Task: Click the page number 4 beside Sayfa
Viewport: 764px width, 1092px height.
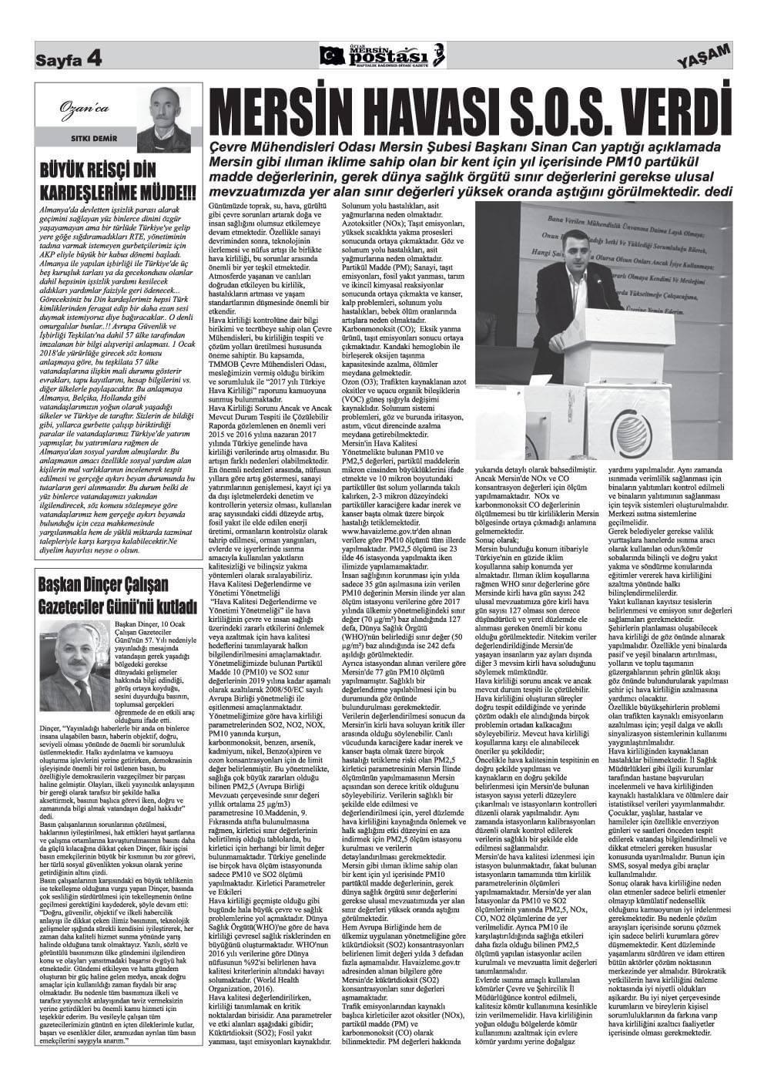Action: coord(94,58)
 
